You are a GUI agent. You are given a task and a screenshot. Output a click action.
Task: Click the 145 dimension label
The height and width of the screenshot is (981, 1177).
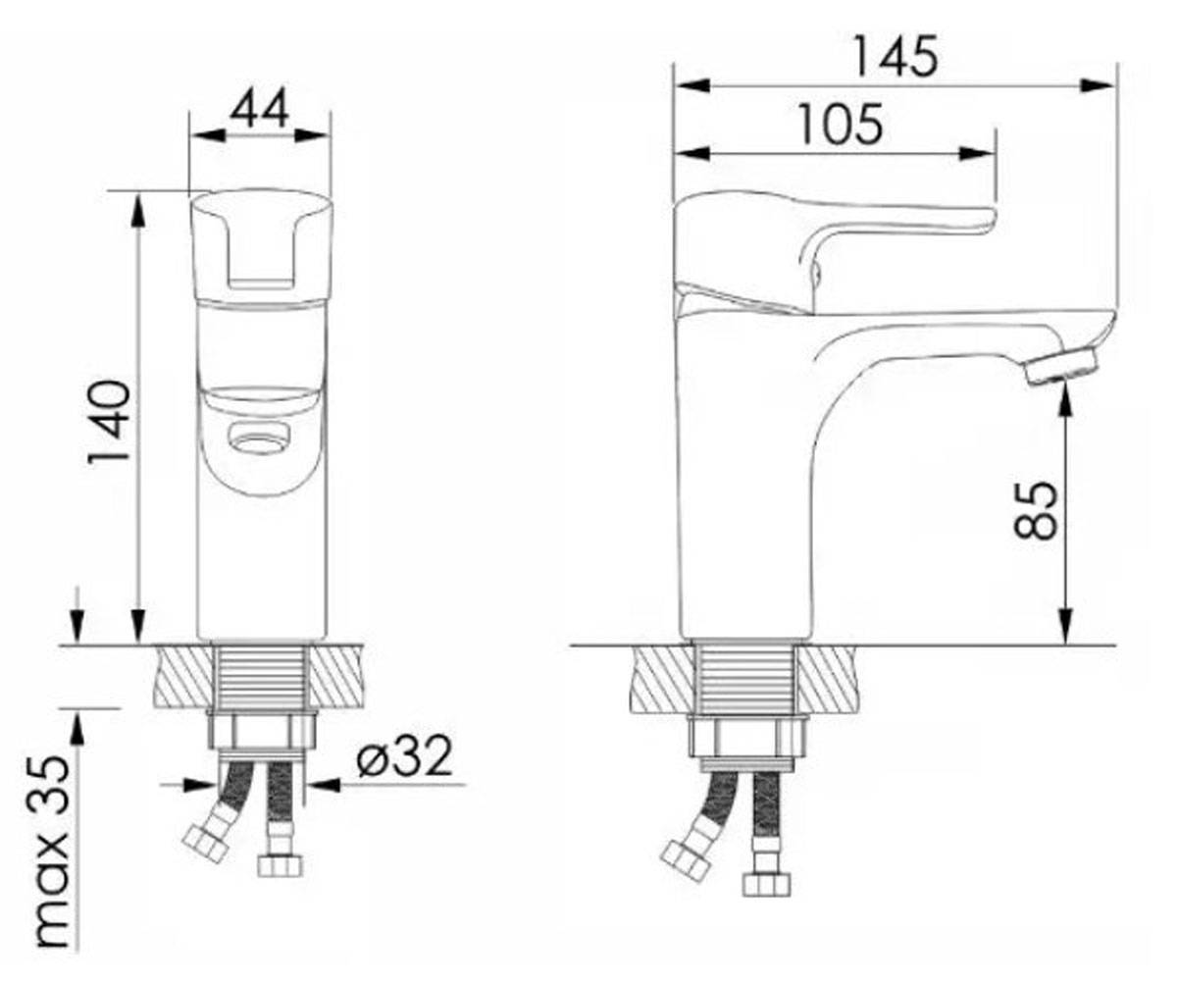point(896,56)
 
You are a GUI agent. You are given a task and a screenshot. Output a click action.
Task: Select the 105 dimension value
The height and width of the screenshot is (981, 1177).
point(840,124)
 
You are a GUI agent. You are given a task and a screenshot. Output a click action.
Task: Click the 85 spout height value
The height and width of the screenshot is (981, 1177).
point(1036,510)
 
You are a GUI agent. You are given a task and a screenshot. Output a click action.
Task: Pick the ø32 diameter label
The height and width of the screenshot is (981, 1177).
point(405,756)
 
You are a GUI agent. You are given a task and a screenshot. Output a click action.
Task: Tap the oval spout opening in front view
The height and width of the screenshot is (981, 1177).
point(259,439)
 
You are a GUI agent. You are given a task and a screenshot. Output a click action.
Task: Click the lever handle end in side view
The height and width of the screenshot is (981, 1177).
point(981,220)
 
